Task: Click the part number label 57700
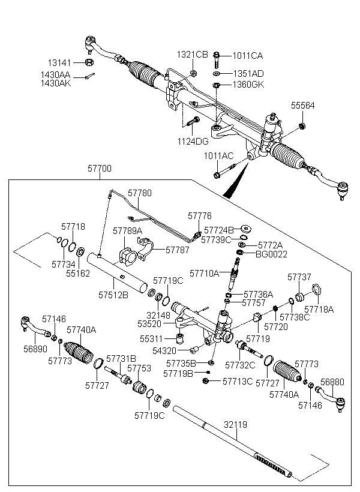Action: pyautogui.click(x=99, y=169)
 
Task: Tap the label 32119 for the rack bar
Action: pyautogui.click(x=236, y=424)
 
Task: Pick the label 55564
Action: pyautogui.click(x=303, y=105)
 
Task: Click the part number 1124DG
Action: pyautogui.click(x=193, y=142)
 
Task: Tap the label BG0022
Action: pyautogui.click(x=271, y=254)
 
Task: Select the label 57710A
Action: pyautogui.click(x=205, y=273)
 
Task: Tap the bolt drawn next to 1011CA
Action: pyautogui.click(x=215, y=58)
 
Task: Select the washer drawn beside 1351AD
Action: pyautogui.click(x=215, y=74)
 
